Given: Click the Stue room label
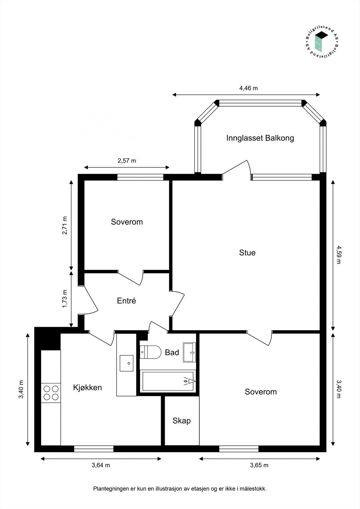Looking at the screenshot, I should (x=247, y=253).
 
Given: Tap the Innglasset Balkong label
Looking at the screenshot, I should (x=260, y=138).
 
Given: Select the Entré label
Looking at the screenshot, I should (x=126, y=301).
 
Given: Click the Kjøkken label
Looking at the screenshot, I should (x=88, y=387).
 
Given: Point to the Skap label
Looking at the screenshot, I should (x=181, y=421).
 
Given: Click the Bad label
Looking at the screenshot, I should (x=172, y=352).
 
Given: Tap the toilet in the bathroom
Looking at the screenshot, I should (x=151, y=352).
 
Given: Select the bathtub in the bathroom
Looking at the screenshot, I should (x=168, y=381).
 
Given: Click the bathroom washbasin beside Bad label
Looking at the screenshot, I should (x=189, y=352).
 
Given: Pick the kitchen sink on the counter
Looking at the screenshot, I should (x=126, y=363).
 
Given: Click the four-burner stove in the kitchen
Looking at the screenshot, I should (x=51, y=393).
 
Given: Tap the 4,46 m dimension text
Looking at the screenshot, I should (x=248, y=88).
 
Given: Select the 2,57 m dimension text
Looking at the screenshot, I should (x=127, y=161).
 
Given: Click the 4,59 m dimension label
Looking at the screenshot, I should (x=338, y=254).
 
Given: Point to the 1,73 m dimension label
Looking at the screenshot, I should (x=65, y=299).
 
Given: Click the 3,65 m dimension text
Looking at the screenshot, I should (x=259, y=465).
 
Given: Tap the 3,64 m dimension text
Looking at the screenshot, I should (x=101, y=465).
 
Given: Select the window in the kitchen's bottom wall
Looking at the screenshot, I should (x=94, y=449).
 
